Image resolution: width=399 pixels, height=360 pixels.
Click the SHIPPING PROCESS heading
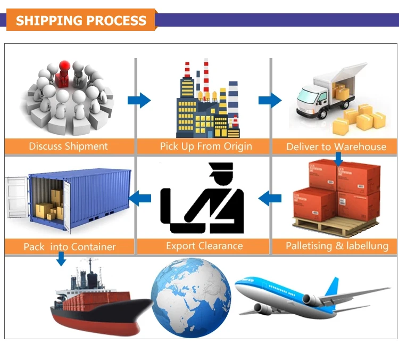[81, 21]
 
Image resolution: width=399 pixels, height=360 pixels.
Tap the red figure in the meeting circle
[64, 71]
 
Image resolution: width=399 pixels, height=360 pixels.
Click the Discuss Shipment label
[68, 146]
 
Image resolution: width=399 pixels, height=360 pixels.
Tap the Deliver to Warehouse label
[336, 146]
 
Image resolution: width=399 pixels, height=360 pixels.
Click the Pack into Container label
[69, 247]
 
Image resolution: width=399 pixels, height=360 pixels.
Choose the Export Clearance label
[204, 246]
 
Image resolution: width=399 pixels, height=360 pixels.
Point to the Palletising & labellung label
[337, 246]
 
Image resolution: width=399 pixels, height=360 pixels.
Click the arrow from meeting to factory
[139, 100]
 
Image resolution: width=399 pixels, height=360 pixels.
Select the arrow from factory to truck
[270, 100]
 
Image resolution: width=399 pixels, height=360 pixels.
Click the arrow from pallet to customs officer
[270, 199]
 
